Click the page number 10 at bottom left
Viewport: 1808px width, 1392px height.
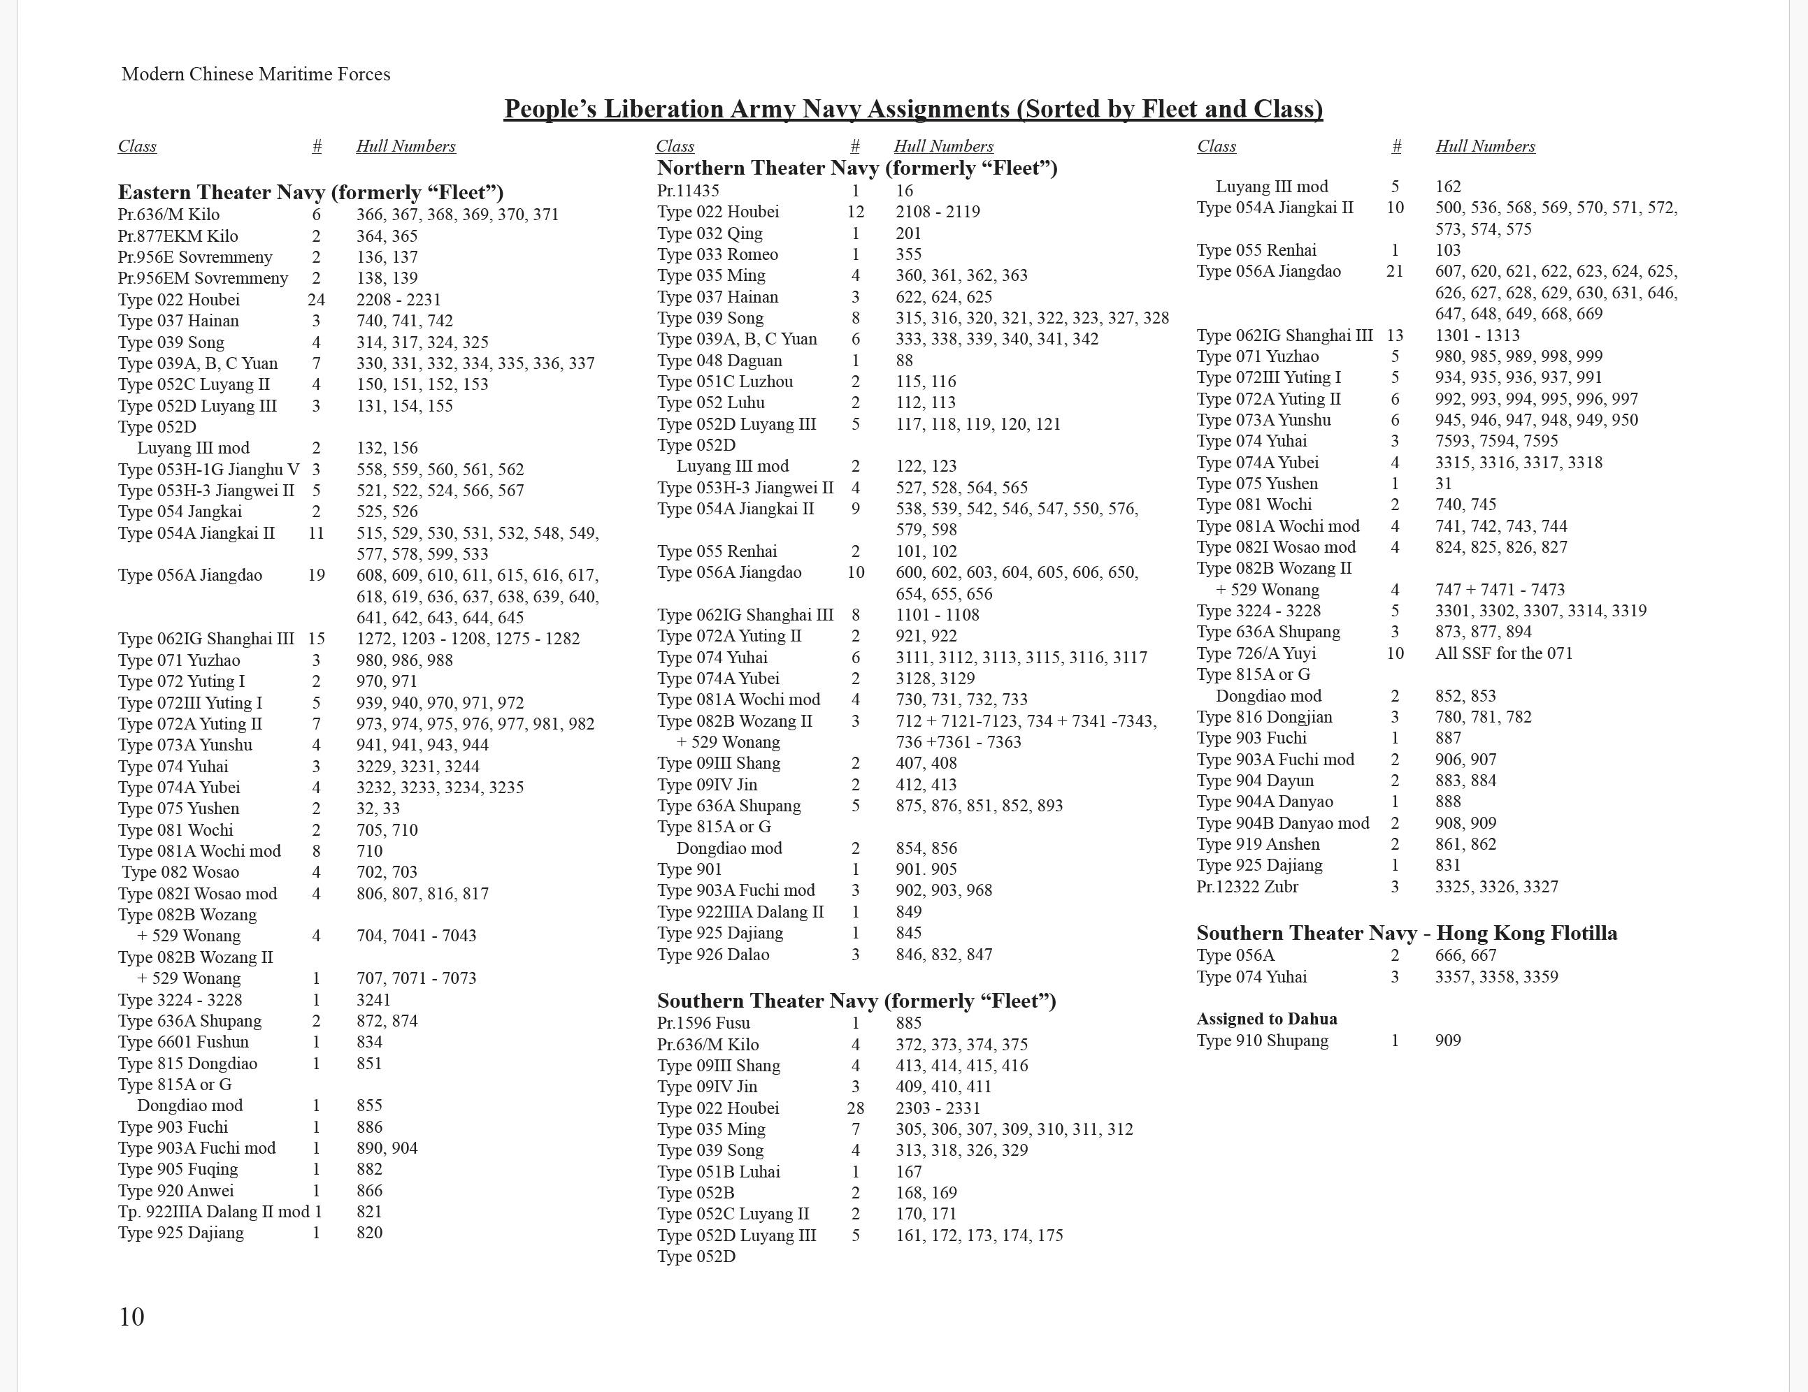click(x=131, y=1317)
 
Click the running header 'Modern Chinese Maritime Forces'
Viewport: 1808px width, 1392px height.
click(x=256, y=75)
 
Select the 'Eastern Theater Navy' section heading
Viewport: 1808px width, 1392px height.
click(x=310, y=193)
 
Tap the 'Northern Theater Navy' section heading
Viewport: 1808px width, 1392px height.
click(x=857, y=168)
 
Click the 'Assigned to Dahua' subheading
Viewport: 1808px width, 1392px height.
click(x=1267, y=1019)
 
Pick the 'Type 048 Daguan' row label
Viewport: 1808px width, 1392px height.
click(x=719, y=361)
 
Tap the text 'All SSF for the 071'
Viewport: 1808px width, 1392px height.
click(x=1503, y=653)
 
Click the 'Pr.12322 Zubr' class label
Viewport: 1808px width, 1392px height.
click(x=1247, y=886)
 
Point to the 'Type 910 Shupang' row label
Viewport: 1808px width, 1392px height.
click(x=1262, y=1041)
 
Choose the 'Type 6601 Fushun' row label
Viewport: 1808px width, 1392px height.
click(x=183, y=1042)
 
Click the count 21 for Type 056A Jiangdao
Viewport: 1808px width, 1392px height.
click(x=1394, y=271)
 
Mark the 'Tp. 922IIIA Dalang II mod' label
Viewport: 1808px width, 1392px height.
click(x=213, y=1212)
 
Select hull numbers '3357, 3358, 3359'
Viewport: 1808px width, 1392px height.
click(x=1496, y=976)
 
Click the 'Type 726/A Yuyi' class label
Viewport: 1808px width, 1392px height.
click(x=1255, y=653)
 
